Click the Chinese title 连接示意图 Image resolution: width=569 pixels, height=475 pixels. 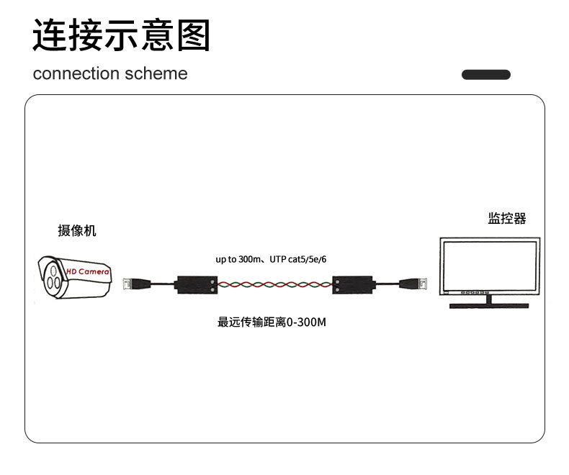pos(121,35)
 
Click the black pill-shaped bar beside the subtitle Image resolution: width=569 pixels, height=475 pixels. pos(485,74)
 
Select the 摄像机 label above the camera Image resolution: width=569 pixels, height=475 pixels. pos(76,231)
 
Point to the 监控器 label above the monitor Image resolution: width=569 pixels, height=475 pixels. pos(507,218)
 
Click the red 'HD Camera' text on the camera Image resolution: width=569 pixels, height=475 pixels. pos(87,272)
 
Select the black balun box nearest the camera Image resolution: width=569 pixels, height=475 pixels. pos(197,284)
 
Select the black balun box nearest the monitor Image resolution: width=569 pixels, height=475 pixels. pos(354,284)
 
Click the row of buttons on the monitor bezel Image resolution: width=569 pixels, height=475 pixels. pos(473,294)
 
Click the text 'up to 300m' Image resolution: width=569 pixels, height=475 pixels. pos(236,259)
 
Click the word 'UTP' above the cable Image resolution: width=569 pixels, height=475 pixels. pos(278,259)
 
